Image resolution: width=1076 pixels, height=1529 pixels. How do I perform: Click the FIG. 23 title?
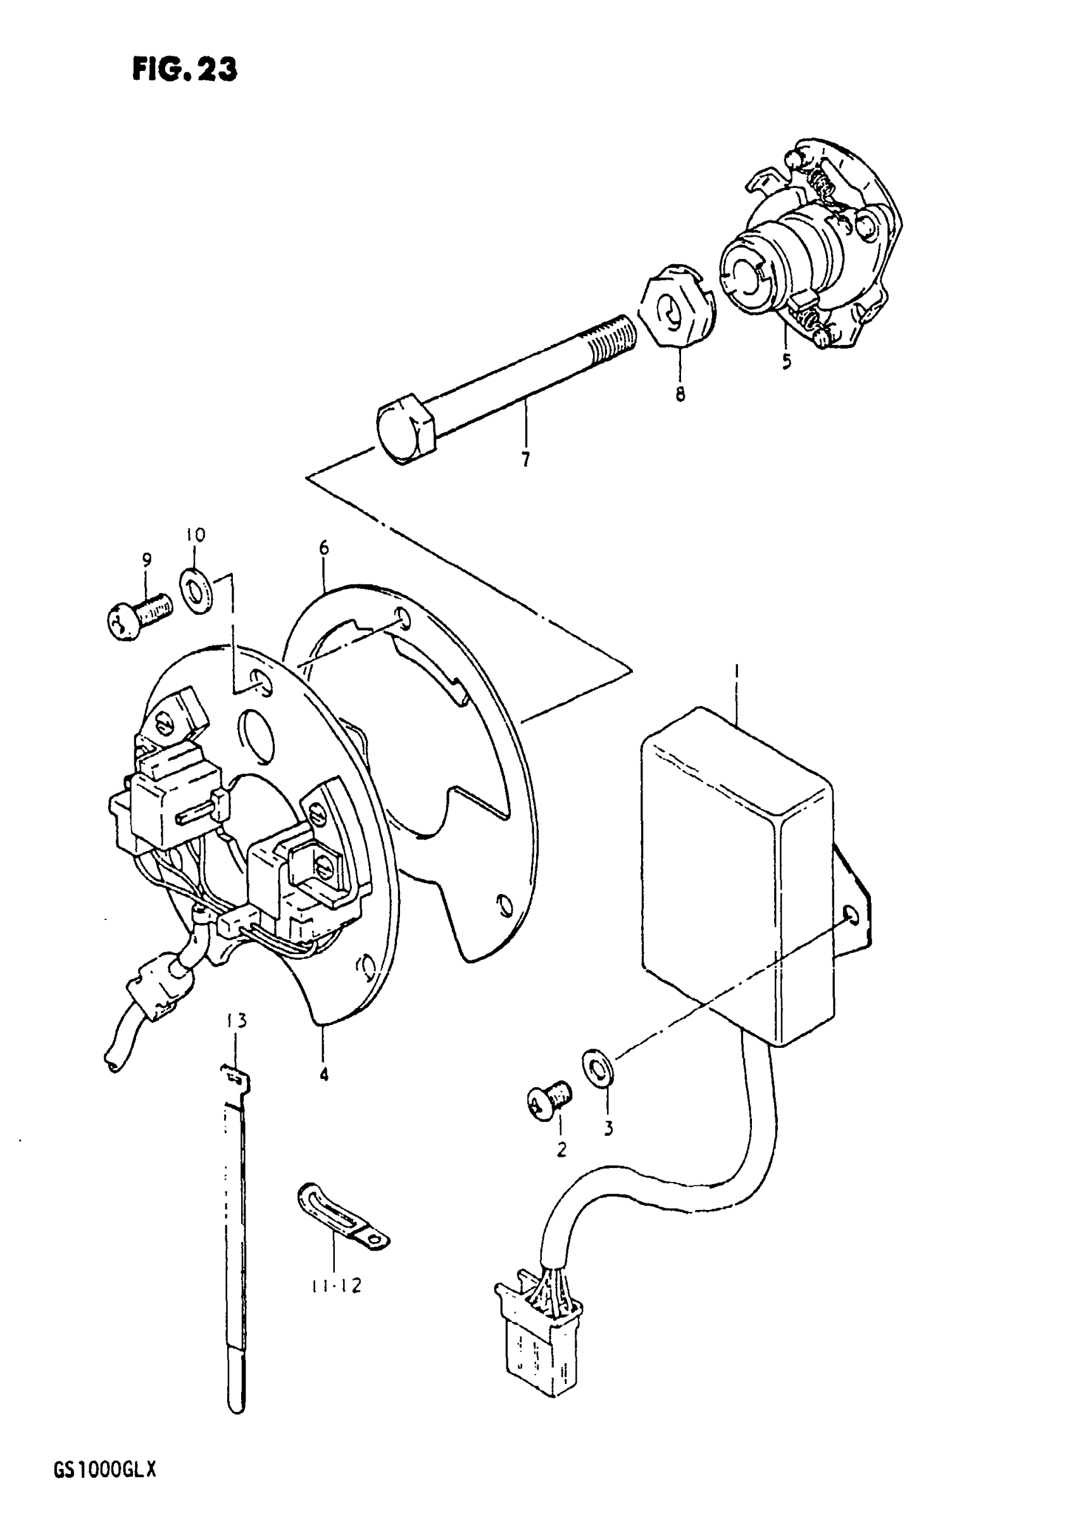(x=184, y=69)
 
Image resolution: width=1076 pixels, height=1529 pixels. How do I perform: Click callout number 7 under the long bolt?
(x=525, y=459)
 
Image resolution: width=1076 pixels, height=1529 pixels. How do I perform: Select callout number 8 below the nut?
(x=680, y=394)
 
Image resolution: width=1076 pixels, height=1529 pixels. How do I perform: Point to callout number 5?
(x=786, y=362)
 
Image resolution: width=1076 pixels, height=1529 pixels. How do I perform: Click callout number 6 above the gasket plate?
(x=323, y=548)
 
